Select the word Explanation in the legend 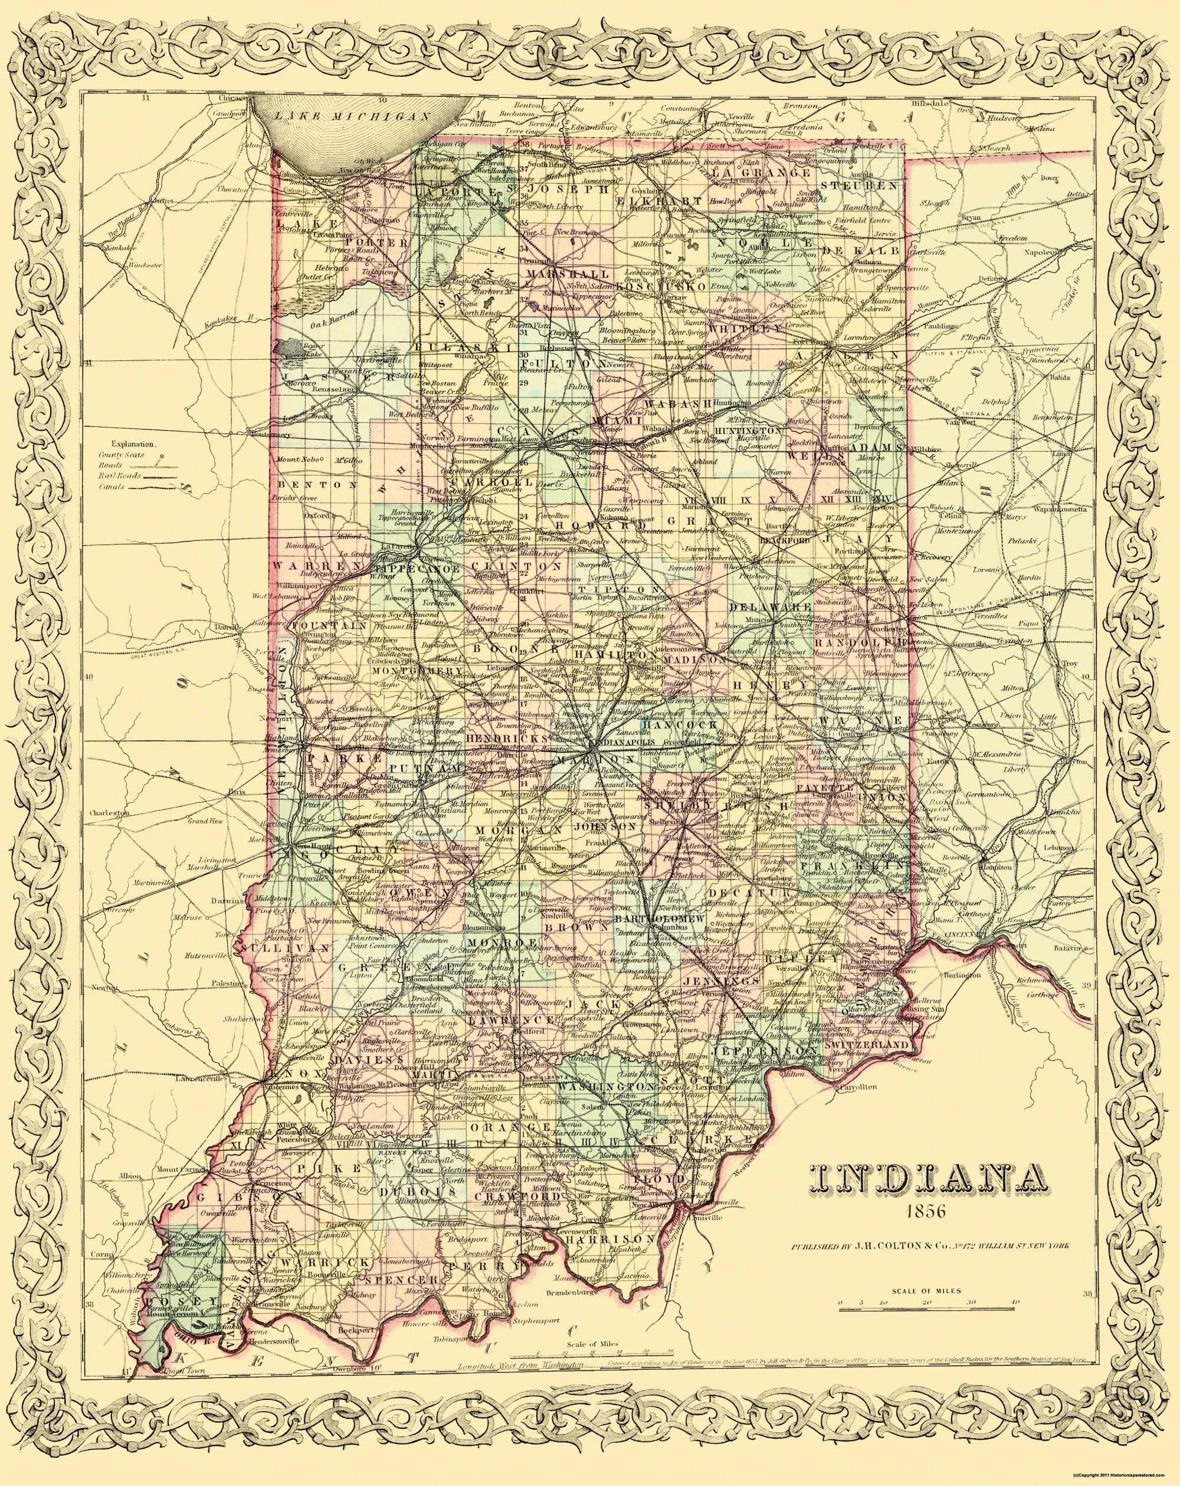[135, 445]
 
